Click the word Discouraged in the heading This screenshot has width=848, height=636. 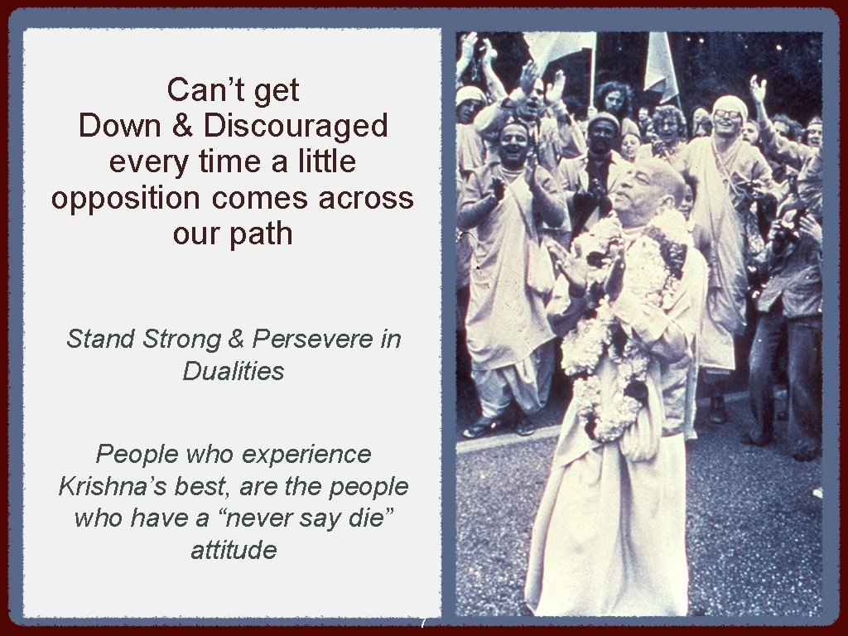(296, 126)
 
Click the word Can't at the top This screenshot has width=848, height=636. (199, 89)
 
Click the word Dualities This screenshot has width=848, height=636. (233, 371)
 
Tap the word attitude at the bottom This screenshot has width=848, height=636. (233, 550)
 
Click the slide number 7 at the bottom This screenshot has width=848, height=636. (423, 623)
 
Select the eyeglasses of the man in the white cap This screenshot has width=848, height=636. (727, 114)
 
